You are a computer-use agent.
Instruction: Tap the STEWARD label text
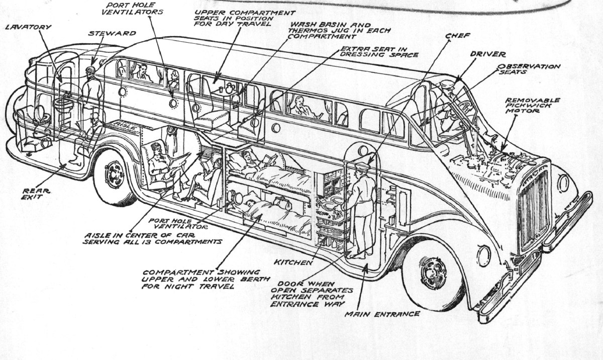pyautogui.click(x=106, y=33)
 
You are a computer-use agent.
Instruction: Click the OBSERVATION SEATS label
pyautogui.click(x=529, y=69)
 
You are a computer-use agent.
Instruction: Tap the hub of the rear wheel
pyautogui.click(x=115, y=174)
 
